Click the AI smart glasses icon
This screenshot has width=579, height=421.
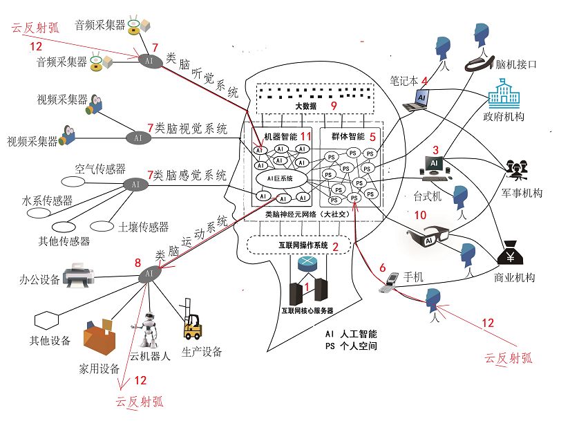(x=430, y=236)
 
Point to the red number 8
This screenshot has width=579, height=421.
(x=137, y=263)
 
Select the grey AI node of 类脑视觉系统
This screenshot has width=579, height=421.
(x=137, y=137)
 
